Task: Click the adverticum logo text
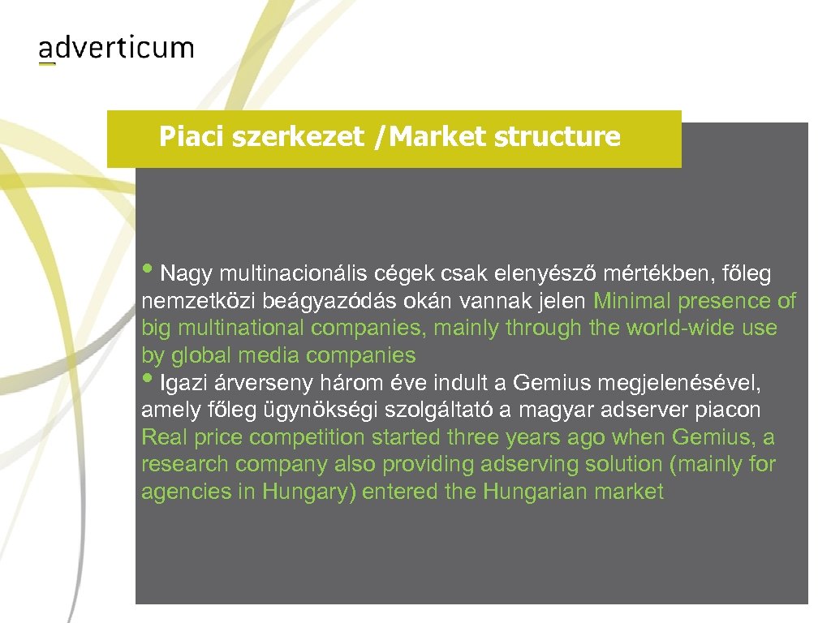pos(116,48)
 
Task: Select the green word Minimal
pos(631,301)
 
